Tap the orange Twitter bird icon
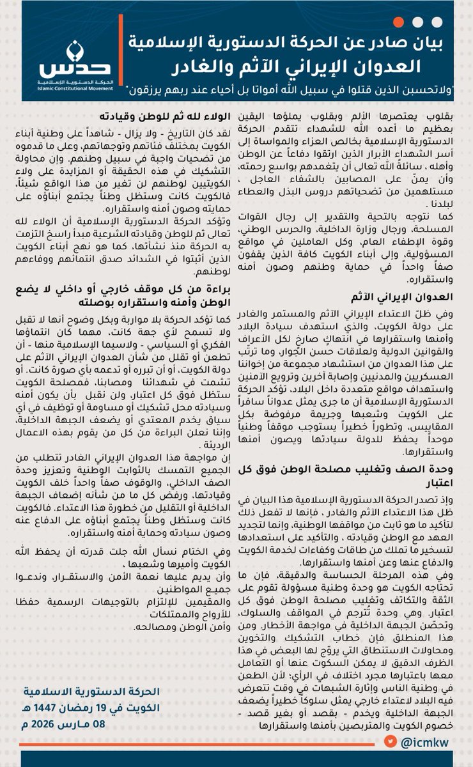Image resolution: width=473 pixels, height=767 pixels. pyautogui.click(x=390, y=741)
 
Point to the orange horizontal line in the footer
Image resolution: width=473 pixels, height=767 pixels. pyautogui.click(x=192, y=741)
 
